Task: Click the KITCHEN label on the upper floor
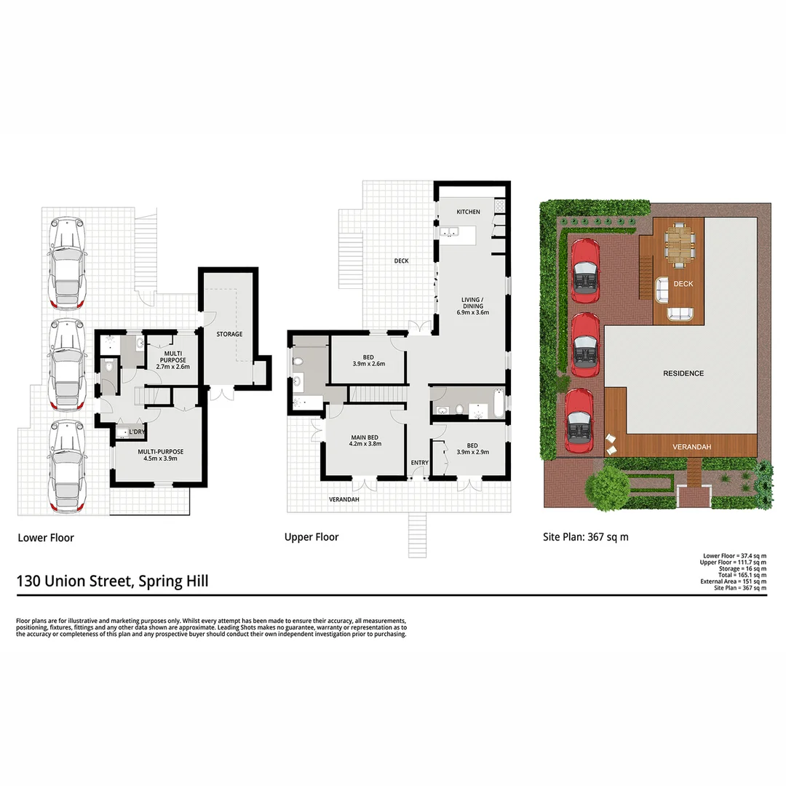pos(468,212)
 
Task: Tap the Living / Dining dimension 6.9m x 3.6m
pos(472,313)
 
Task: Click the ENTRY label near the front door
pos(420,463)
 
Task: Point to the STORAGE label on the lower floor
pos(229,334)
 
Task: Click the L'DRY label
pos(137,432)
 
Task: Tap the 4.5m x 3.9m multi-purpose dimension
pos(160,459)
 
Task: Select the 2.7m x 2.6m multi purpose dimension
pos(172,367)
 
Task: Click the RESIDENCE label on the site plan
pos(683,373)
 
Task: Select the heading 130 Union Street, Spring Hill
pos(112,581)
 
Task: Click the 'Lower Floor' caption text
pos(45,538)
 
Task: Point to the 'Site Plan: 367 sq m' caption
pos(585,537)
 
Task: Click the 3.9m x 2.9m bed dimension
pos(472,451)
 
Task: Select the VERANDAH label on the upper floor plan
pos(344,500)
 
